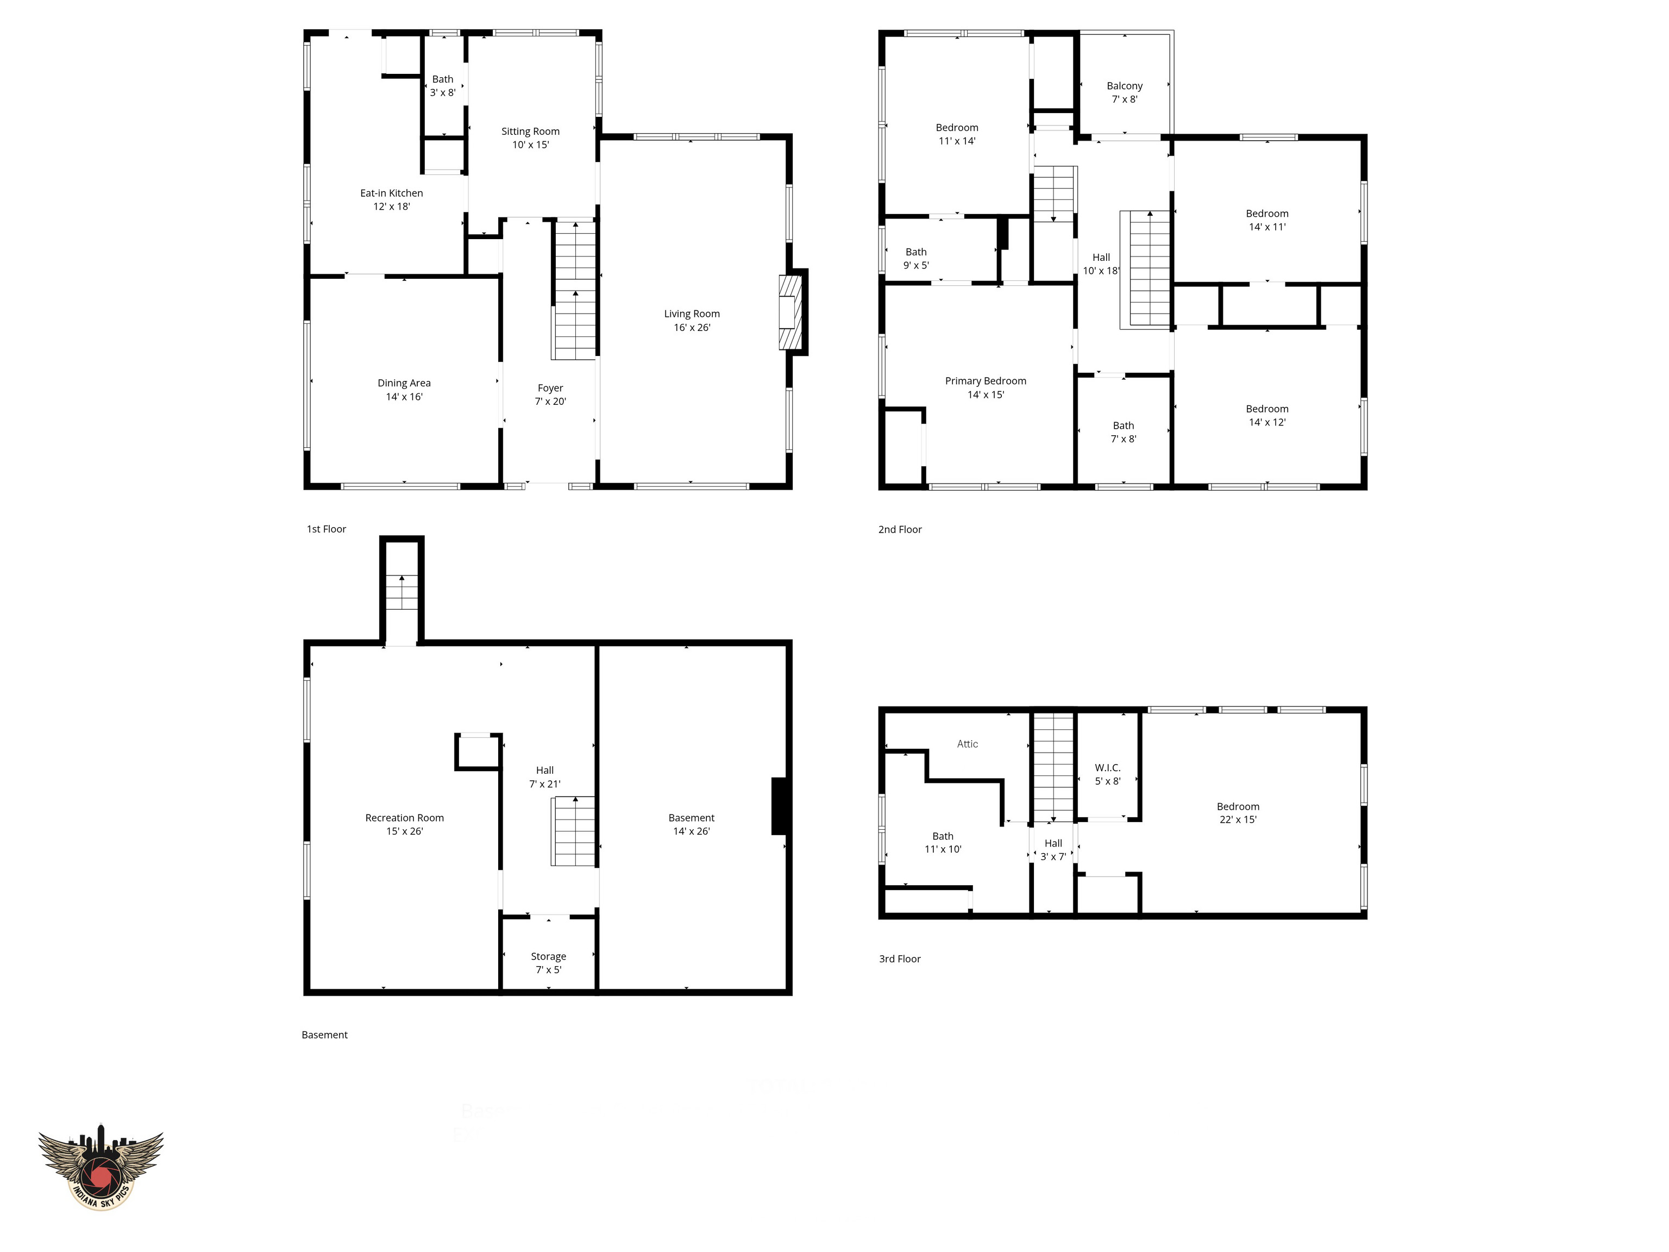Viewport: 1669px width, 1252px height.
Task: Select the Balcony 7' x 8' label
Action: click(x=1124, y=92)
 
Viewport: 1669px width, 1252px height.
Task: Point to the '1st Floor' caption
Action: click(x=326, y=529)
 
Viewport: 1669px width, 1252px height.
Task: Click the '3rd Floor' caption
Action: click(x=899, y=959)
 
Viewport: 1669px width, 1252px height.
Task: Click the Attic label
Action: click(x=967, y=744)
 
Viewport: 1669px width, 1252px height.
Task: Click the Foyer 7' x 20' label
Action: click(x=550, y=395)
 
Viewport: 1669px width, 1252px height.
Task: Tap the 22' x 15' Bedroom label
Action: click(x=1238, y=813)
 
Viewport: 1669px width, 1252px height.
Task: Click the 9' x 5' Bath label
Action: click(x=915, y=259)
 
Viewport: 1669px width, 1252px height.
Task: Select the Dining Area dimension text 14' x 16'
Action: click(x=404, y=397)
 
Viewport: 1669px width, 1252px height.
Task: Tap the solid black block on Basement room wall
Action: click(x=780, y=806)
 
